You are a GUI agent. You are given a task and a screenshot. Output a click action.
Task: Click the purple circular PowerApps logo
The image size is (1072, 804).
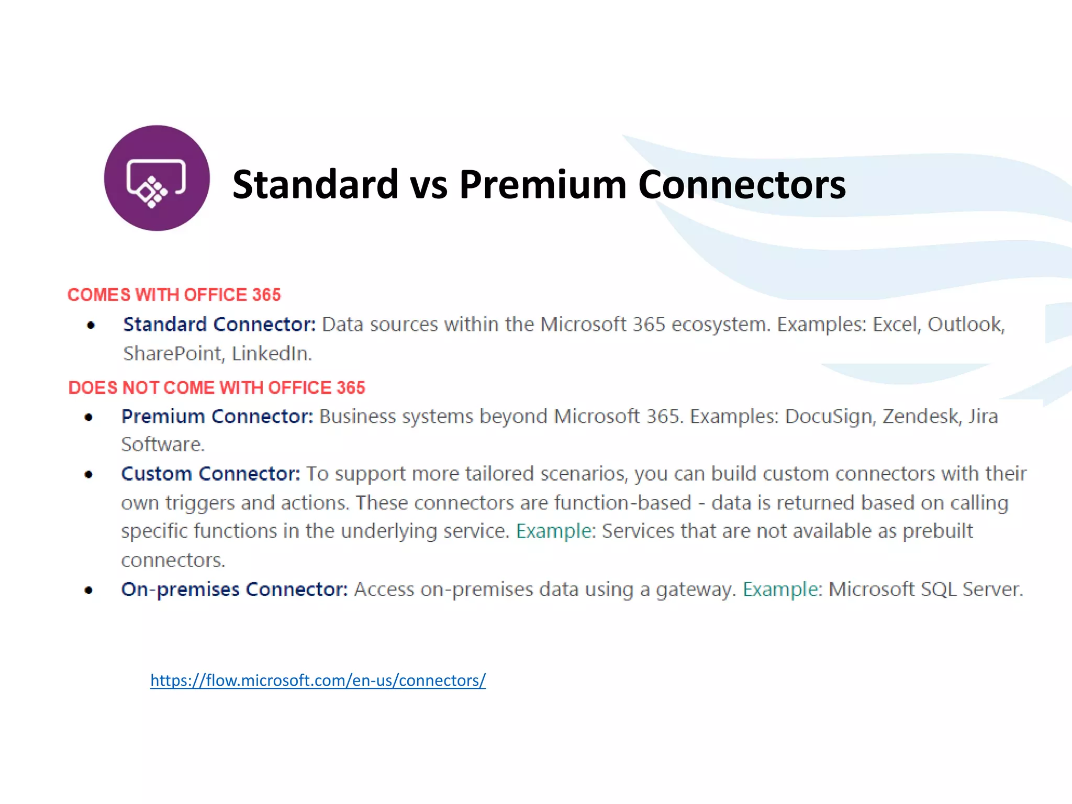(x=157, y=178)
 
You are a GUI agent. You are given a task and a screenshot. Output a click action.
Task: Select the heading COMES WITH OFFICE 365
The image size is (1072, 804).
(x=174, y=295)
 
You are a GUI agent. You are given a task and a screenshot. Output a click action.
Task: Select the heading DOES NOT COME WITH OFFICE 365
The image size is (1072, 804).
(x=217, y=388)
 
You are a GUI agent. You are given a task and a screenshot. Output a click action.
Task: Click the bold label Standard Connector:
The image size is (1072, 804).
(x=219, y=325)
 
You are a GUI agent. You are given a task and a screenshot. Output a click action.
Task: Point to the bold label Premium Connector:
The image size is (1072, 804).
(x=217, y=417)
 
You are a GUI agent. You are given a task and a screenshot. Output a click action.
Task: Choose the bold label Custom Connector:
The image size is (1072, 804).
(x=210, y=474)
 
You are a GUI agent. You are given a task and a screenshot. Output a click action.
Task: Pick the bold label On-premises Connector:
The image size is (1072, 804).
(x=234, y=589)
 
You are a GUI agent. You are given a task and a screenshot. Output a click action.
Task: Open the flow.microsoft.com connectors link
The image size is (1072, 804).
(x=318, y=680)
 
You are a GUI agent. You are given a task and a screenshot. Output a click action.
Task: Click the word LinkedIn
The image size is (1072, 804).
(x=272, y=354)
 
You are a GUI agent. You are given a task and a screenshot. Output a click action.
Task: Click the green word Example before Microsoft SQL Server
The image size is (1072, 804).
(x=780, y=589)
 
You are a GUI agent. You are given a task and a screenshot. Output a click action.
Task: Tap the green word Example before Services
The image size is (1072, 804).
(x=553, y=531)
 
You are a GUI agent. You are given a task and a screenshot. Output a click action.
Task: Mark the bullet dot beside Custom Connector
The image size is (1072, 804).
(x=89, y=475)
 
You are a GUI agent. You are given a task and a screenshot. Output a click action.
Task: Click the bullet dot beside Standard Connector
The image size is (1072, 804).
(x=91, y=326)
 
